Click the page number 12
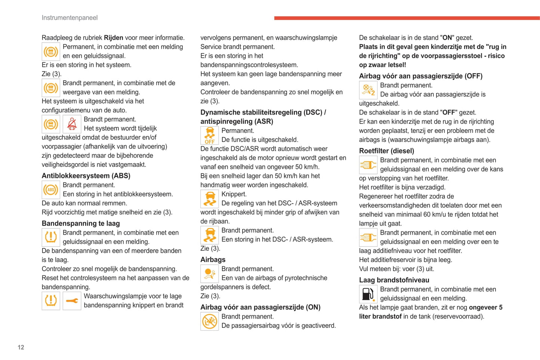[21, 347]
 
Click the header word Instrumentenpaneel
[70, 18]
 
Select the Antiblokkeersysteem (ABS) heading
[86, 176]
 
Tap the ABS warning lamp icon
[51, 190]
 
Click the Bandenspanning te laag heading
[81, 223]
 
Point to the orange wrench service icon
[72, 301]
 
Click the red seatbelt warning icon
[72, 124]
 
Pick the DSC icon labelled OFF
[210, 135]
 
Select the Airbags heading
[213, 260]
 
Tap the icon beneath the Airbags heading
[210, 274]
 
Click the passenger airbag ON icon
[210, 321]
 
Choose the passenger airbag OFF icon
[368, 90]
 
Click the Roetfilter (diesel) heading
[386, 151]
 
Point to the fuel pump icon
[368, 294]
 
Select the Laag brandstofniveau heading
[394, 280]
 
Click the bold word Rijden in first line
[114, 38]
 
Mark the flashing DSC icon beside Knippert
[210, 199]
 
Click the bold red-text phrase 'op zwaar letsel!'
[382, 65]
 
